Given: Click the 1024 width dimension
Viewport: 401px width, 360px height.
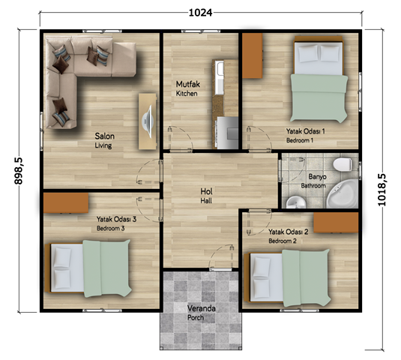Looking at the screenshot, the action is (x=201, y=13).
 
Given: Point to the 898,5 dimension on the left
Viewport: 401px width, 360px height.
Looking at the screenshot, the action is (x=19, y=171).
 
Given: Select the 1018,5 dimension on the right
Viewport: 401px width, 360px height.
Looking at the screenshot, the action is (x=382, y=190).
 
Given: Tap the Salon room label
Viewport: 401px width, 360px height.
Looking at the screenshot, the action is (x=105, y=136).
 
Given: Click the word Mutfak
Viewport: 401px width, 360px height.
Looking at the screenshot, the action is (x=187, y=84).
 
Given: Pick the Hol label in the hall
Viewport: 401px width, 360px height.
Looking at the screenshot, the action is (x=206, y=191).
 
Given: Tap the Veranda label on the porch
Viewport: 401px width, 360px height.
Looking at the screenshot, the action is (x=202, y=308).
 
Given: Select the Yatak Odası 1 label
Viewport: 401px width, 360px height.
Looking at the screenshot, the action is (x=305, y=131).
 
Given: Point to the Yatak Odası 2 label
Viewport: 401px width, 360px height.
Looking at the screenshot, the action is (x=289, y=232).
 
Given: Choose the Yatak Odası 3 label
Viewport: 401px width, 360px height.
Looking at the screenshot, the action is (x=116, y=219).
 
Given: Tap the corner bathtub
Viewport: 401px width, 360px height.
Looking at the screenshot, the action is (x=343, y=194).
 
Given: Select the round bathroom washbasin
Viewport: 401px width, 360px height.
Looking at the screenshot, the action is (x=296, y=202).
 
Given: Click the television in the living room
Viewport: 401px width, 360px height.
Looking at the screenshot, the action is (x=149, y=121).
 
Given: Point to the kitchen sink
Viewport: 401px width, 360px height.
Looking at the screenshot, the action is (x=219, y=77).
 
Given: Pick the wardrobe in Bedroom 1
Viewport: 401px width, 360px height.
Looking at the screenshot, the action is (x=253, y=55).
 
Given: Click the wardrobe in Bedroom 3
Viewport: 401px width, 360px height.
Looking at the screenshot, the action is (x=66, y=203).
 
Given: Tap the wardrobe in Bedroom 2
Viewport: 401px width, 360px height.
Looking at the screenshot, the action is (x=336, y=222).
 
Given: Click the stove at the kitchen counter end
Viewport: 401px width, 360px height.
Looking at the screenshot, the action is (x=228, y=133).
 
